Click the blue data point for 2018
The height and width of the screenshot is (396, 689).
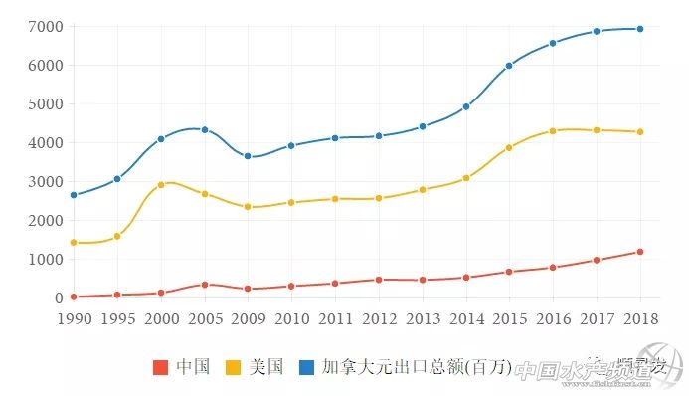click(640, 29)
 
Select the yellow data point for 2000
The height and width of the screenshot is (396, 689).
click(161, 185)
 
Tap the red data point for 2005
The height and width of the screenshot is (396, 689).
click(205, 285)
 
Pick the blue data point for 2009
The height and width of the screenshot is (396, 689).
click(248, 156)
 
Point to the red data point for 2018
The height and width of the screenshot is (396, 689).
click(640, 252)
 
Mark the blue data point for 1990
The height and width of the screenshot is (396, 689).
click(74, 195)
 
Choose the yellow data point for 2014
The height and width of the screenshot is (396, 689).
click(466, 178)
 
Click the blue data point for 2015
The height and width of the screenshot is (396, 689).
click(509, 66)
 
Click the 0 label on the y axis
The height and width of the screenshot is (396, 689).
click(58, 297)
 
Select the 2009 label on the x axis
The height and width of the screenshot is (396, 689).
click(248, 318)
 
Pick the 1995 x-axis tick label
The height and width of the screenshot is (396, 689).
click(117, 318)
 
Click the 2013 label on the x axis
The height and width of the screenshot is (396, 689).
click(423, 318)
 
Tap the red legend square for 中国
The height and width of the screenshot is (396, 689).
click(160, 367)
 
